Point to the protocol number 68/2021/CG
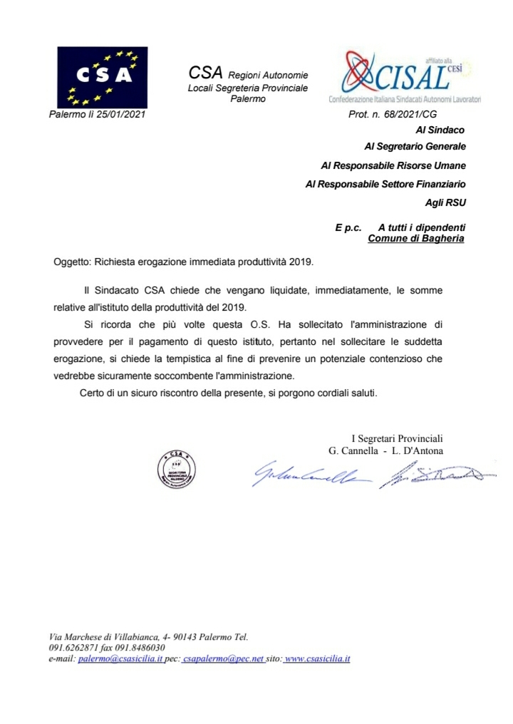(x=421, y=114)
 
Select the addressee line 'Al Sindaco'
(x=440, y=130)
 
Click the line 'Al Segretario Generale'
(x=414, y=148)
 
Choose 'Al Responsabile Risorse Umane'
(x=393, y=166)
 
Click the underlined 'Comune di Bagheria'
(x=415, y=239)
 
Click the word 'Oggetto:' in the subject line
(x=72, y=262)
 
